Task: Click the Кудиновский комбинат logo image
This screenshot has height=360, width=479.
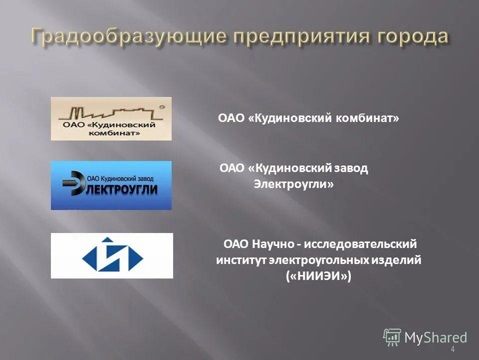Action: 111,118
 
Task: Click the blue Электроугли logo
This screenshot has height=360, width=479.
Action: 111,185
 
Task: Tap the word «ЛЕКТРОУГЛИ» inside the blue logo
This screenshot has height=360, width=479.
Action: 122,189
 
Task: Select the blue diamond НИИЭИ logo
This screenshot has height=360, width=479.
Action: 112,255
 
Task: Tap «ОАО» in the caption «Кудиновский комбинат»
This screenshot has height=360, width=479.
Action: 231,118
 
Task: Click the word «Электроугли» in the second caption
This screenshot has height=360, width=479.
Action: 293,184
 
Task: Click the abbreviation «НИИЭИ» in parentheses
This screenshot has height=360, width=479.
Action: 319,276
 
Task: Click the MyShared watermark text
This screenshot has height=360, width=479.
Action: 435,337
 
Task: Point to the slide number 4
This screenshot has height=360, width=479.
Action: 453,349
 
